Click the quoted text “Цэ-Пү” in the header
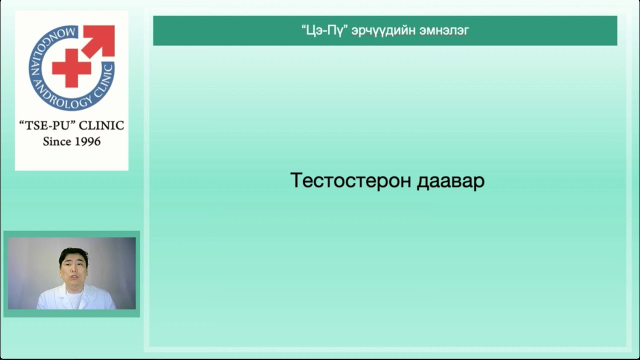(x=324, y=30)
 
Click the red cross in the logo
(x=71, y=67)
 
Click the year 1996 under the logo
(x=85, y=141)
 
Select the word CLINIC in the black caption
(x=101, y=125)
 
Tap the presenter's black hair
(x=73, y=254)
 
